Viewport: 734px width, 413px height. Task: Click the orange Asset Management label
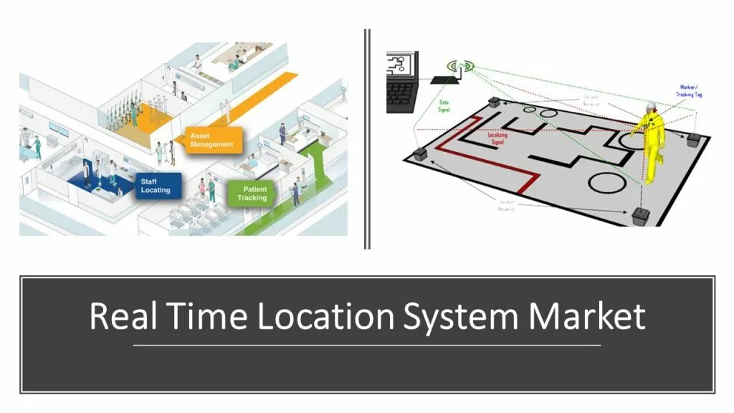[x=211, y=140]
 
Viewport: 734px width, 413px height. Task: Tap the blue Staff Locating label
[x=156, y=186]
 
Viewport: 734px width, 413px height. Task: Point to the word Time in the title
[x=207, y=316]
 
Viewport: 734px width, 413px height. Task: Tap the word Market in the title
[x=587, y=316]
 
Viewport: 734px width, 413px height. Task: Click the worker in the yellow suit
[x=649, y=143]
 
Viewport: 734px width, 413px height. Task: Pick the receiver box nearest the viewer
[x=641, y=215]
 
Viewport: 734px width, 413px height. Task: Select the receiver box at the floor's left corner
[x=419, y=153]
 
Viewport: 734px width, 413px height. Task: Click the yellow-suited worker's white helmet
[x=649, y=108]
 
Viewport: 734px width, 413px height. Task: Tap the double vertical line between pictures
[x=367, y=139]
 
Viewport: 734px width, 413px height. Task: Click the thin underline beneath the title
[x=366, y=345]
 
